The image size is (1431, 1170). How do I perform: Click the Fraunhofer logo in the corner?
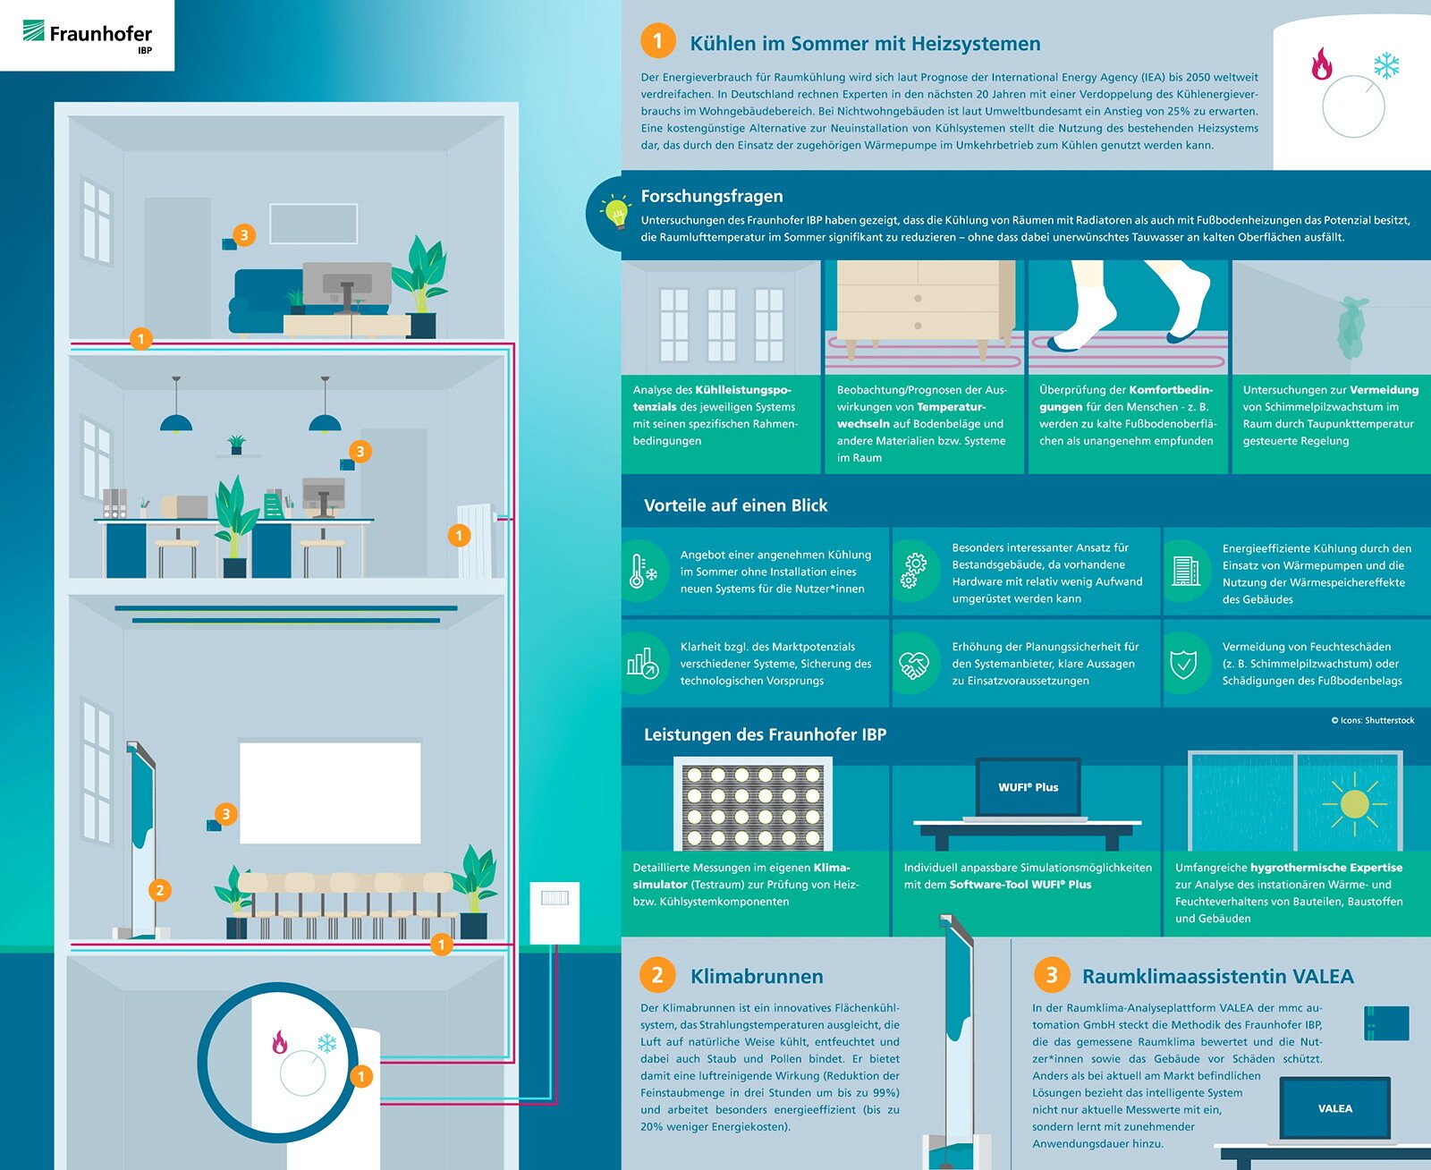click(88, 34)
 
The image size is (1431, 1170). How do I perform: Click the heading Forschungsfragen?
click(712, 196)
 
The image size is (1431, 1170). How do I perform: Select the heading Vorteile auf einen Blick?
click(735, 505)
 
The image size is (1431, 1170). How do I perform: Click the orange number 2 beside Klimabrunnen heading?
click(657, 974)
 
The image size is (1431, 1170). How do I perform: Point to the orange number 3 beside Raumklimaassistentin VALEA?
click(1051, 974)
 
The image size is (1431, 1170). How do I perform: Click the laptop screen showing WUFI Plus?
click(1028, 787)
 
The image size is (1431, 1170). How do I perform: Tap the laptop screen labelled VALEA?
click(1334, 1108)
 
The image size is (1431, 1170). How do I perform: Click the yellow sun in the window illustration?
click(1354, 804)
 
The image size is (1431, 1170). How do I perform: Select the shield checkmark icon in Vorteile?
click(1183, 665)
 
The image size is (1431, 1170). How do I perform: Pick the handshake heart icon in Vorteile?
click(913, 665)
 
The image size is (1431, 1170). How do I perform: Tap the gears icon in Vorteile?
click(913, 571)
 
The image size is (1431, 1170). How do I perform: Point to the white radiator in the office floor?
click(476, 540)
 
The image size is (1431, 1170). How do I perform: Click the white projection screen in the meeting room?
click(330, 793)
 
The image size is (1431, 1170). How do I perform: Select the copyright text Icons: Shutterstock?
click(1372, 720)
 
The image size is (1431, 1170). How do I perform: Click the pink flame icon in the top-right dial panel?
click(1321, 64)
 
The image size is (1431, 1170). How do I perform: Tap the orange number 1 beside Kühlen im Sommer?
click(657, 41)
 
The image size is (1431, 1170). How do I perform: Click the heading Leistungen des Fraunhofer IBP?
click(765, 734)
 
